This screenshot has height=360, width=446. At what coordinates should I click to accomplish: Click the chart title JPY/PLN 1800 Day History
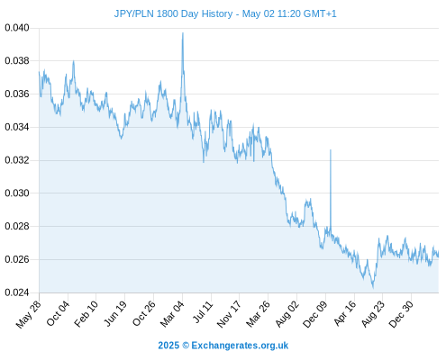(x=173, y=13)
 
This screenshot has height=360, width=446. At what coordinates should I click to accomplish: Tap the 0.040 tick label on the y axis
(x=17, y=28)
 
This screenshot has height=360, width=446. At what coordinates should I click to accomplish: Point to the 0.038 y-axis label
(x=17, y=61)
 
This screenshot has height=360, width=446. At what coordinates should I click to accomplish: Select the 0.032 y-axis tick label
(x=17, y=160)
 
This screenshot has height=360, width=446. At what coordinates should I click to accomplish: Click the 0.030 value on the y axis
(x=17, y=193)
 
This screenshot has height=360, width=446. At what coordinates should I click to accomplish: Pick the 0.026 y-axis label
(x=17, y=259)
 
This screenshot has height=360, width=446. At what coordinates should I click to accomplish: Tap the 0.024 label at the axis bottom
(x=17, y=292)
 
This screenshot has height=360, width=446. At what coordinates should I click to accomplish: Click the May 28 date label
(x=28, y=314)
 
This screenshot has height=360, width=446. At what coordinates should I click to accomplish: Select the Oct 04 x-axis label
(x=58, y=313)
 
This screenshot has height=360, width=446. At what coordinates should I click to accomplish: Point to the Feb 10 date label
(x=86, y=313)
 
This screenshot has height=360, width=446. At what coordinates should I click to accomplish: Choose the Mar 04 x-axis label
(x=172, y=313)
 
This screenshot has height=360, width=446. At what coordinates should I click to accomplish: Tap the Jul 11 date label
(x=203, y=311)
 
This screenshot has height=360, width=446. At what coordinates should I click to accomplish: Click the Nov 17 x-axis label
(x=229, y=314)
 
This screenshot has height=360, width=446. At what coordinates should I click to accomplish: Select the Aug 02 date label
(x=287, y=314)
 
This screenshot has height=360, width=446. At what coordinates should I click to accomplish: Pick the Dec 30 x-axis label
(x=401, y=314)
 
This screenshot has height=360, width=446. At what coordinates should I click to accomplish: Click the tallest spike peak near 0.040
(x=183, y=33)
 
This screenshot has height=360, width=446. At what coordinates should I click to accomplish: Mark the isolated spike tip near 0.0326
(x=331, y=149)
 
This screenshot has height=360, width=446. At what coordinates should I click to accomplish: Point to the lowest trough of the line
(x=373, y=287)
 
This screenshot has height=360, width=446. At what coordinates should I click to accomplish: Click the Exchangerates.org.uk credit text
(x=240, y=346)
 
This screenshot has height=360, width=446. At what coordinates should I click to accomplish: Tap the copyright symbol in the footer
(x=186, y=346)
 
